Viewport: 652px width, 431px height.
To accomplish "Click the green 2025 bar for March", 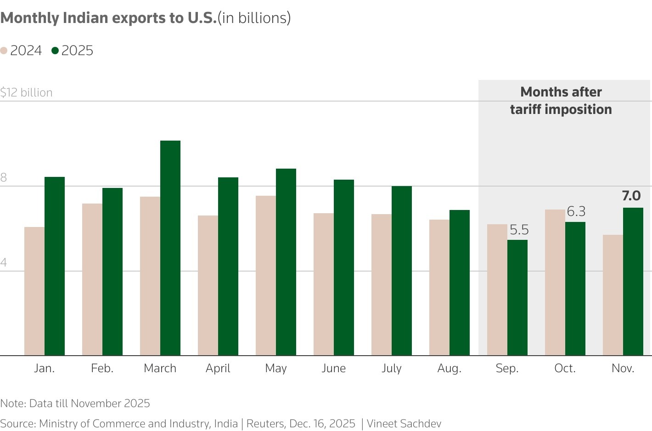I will tap(170, 248).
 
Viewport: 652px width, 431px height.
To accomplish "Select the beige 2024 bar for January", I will tap(34, 291).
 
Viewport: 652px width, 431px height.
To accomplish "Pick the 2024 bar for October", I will tap(555, 283).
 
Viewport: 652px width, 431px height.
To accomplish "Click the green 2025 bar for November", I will tap(633, 282).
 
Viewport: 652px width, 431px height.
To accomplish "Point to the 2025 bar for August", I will tap(460, 283).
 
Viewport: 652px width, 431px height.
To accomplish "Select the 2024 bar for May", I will tap(266, 276).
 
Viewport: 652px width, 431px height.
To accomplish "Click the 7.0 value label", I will tap(631, 196).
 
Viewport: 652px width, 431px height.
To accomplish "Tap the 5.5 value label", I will tap(519, 230).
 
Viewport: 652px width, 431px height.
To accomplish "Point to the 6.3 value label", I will tap(576, 211).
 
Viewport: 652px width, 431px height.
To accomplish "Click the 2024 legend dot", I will tap(4, 51).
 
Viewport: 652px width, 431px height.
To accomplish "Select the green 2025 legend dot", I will tap(55, 51).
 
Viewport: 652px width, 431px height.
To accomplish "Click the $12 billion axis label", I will tap(27, 93).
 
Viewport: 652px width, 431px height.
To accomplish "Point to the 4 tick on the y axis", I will tap(4, 263).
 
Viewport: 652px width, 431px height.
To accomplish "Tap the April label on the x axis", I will tap(218, 369).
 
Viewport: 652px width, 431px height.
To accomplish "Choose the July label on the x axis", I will tap(392, 369).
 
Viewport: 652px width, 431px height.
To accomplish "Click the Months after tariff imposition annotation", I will tap(561, 101).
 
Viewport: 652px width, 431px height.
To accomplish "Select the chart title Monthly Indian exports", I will tap(108, 18).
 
